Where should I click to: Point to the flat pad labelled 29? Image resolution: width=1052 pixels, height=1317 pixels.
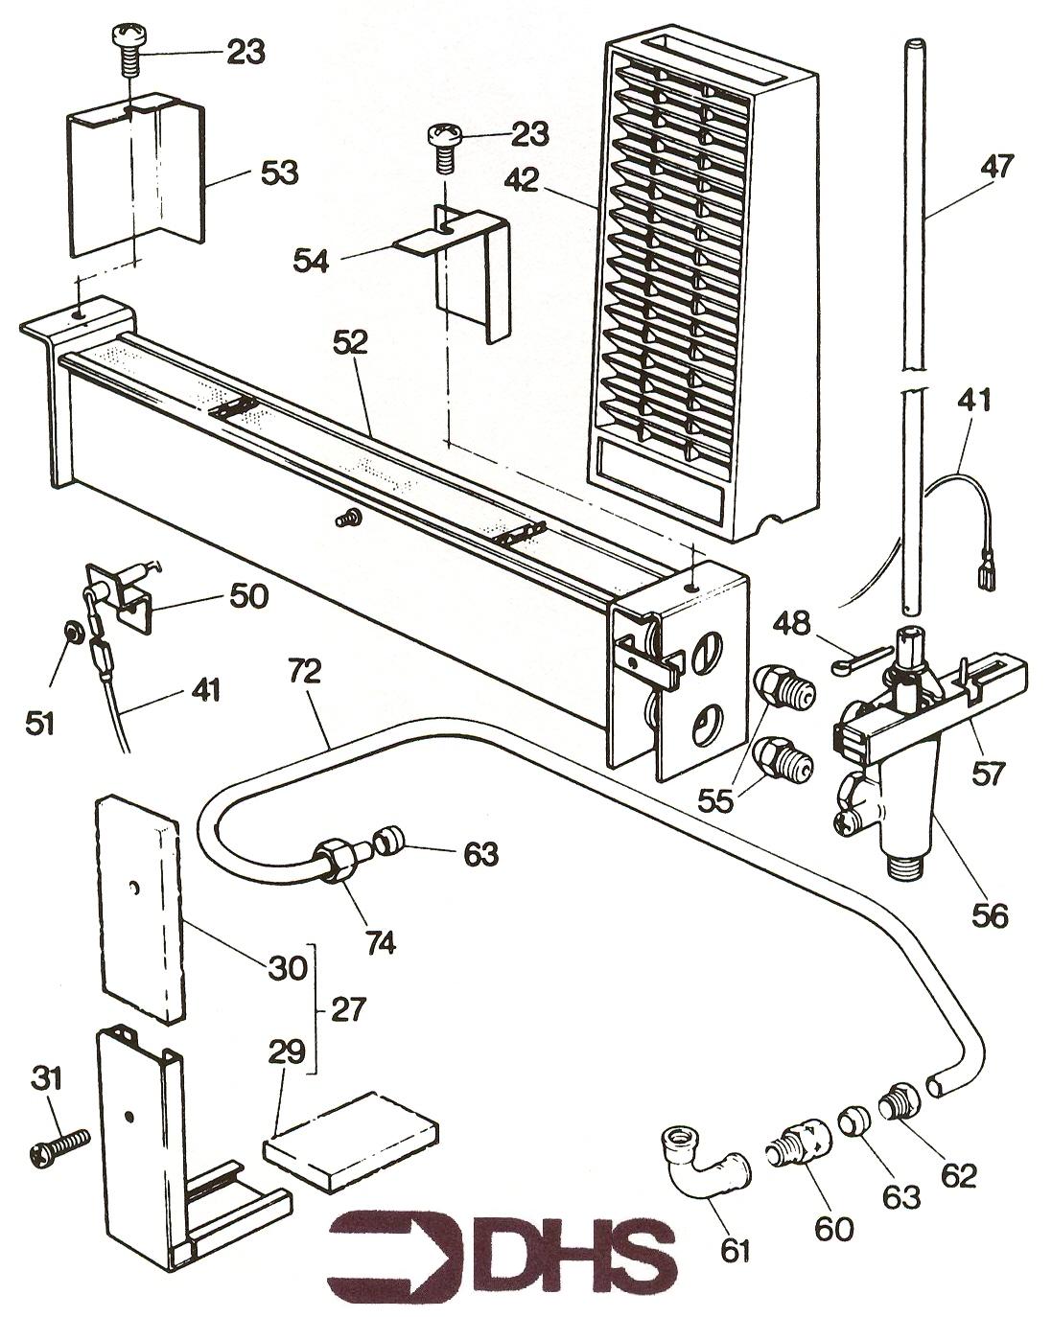tap(351, 1132)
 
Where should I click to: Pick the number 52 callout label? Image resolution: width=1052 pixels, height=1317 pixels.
tap(351, 343)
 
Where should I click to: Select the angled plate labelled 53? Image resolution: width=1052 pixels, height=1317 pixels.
tap(134, 177)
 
